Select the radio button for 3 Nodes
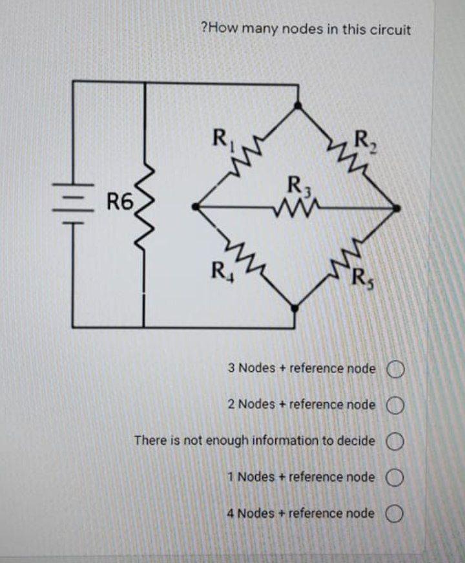[395, 369]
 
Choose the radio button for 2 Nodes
[395, 405]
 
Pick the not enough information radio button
[395, 441]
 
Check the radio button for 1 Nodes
[395, 478]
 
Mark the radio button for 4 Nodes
[395, 514]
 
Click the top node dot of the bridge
[296, 104]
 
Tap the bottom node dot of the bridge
[295, 309]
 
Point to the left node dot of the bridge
[196, 207]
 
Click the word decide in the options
[356, 441]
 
